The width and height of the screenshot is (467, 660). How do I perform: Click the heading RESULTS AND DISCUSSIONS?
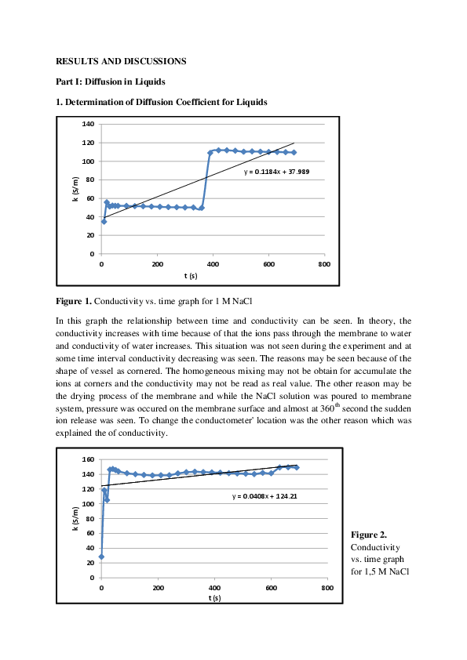click(120, 60)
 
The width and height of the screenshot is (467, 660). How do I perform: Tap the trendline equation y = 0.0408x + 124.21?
click(264, 496)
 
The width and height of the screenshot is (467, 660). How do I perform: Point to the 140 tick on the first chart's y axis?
click(88, 125)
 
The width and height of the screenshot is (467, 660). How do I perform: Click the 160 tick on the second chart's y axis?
click(88, 459)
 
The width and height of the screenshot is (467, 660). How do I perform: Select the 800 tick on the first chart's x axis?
click(323, 264)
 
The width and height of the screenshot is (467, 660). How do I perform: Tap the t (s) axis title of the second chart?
click(214, 598)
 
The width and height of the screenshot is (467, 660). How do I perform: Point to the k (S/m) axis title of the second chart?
click(75, 519)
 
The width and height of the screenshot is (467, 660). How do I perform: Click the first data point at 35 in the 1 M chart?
click(104, 222)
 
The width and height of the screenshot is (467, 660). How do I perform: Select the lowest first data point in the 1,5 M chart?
click(101, 557)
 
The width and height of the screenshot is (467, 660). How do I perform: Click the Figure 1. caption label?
click(74, 300)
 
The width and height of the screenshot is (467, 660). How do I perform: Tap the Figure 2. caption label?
click(367, 535)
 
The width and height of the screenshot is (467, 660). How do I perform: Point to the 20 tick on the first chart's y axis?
click(89, 235)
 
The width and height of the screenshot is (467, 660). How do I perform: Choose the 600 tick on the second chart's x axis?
click(270, 588)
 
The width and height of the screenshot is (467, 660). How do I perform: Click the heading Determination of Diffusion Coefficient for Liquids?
click(166, 103)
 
